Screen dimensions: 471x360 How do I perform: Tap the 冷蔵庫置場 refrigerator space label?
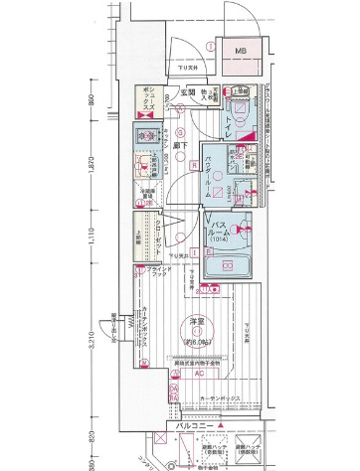point(146,195)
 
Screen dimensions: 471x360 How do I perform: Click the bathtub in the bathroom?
point(227,266)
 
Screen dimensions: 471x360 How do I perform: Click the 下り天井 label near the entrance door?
point(181,69)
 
